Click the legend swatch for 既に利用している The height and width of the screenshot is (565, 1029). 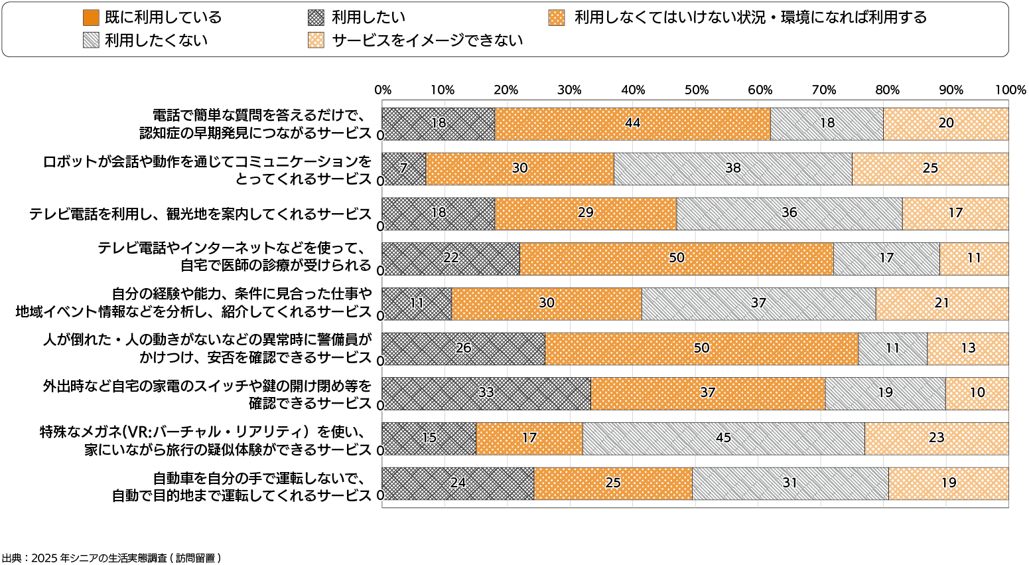click(92, 18)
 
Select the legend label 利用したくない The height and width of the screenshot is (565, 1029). click(156, 40)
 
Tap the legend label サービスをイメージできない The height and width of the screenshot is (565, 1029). click(427, 40)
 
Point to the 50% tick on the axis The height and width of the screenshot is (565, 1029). click(697, 90)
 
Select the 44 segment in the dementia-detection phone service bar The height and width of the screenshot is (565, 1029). click(632, 123)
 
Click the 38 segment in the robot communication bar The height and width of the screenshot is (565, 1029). click(732, 169)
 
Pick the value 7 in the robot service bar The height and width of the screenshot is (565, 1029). click(403, 169)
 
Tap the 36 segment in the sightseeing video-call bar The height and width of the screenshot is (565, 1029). click(789, 213)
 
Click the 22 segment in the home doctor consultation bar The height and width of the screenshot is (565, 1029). click(450, 258)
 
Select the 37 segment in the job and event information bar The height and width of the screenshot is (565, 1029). click(758, 303)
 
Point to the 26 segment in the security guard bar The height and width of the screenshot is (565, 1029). click(463, 348)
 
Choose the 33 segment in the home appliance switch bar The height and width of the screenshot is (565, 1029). click(486, 393)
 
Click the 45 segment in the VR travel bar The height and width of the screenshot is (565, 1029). click(723, 438)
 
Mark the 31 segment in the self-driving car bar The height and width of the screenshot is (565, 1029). click(789, 483)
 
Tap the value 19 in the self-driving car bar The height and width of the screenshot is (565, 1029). click(949, 483)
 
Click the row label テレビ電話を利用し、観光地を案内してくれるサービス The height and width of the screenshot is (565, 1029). click(200, 214)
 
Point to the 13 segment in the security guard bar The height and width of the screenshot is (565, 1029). click(968, 348)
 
